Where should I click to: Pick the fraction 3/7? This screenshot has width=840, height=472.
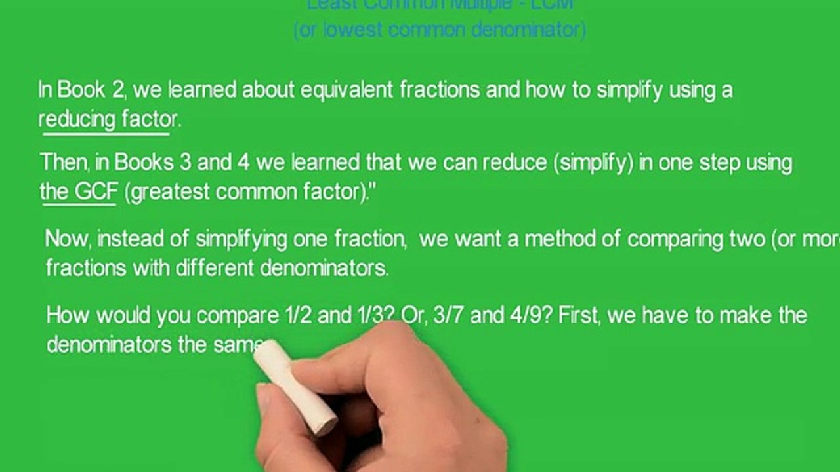coord(446,316)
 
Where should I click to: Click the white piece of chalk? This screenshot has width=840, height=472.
coord(295,388)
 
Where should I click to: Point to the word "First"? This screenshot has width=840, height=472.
coord(580,316)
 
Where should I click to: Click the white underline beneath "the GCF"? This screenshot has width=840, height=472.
coord(79,205)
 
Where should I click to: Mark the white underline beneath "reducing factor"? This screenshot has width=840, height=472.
coord(106,133)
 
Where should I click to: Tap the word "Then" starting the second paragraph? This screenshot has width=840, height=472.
coord(64,163)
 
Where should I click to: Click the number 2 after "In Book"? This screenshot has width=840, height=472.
coord(117,90)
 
